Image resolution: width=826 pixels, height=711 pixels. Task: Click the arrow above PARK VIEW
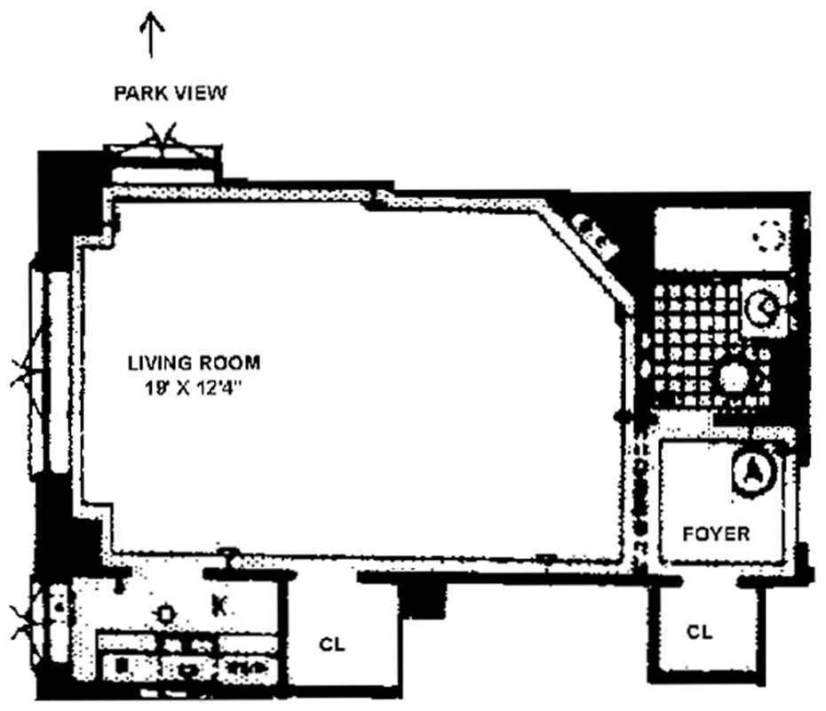click(151, 35)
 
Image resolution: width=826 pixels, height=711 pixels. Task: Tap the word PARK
click(140, 93)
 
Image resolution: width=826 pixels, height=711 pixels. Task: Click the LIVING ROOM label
click(194, 363)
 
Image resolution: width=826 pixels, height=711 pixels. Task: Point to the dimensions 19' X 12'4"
click(193, 389)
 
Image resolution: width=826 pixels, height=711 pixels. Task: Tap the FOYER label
click(716, 534)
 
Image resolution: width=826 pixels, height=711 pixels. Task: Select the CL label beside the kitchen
click(332, 644)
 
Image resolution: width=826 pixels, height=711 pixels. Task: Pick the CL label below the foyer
click(699, 631)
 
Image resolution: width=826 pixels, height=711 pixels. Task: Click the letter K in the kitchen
click(219, 605)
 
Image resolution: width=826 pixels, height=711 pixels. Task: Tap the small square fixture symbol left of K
click(165, 614)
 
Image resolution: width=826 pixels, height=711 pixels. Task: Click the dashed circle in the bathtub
click(771, 236)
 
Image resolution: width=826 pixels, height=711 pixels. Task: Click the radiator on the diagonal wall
click(595, 236)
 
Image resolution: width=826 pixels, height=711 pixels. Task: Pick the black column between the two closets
click(421, 600)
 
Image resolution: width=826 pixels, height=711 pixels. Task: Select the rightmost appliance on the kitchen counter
click(248, 667)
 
